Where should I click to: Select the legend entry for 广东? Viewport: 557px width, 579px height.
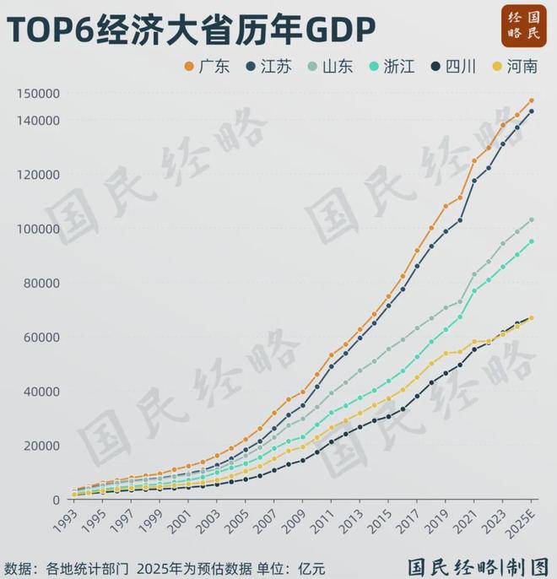tap(207, 68)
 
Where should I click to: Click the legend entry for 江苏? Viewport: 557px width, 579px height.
tap(268, 68)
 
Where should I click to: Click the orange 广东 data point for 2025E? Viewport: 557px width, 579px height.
tap(532, 100)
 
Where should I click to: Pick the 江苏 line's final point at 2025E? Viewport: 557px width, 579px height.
tap(532, 111)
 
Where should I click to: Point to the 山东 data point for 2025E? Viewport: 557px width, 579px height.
tap(532, 219)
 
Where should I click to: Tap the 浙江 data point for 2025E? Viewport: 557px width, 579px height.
tap(532, 241)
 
